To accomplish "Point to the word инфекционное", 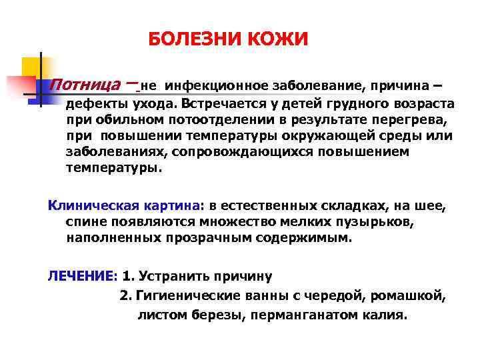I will [x=217, y=86].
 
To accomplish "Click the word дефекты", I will [x=94, y=104].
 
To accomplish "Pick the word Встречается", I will [x=221, y=104].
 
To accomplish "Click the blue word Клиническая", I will [x=87, y=205].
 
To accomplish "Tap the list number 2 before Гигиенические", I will [x=124, y=295].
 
